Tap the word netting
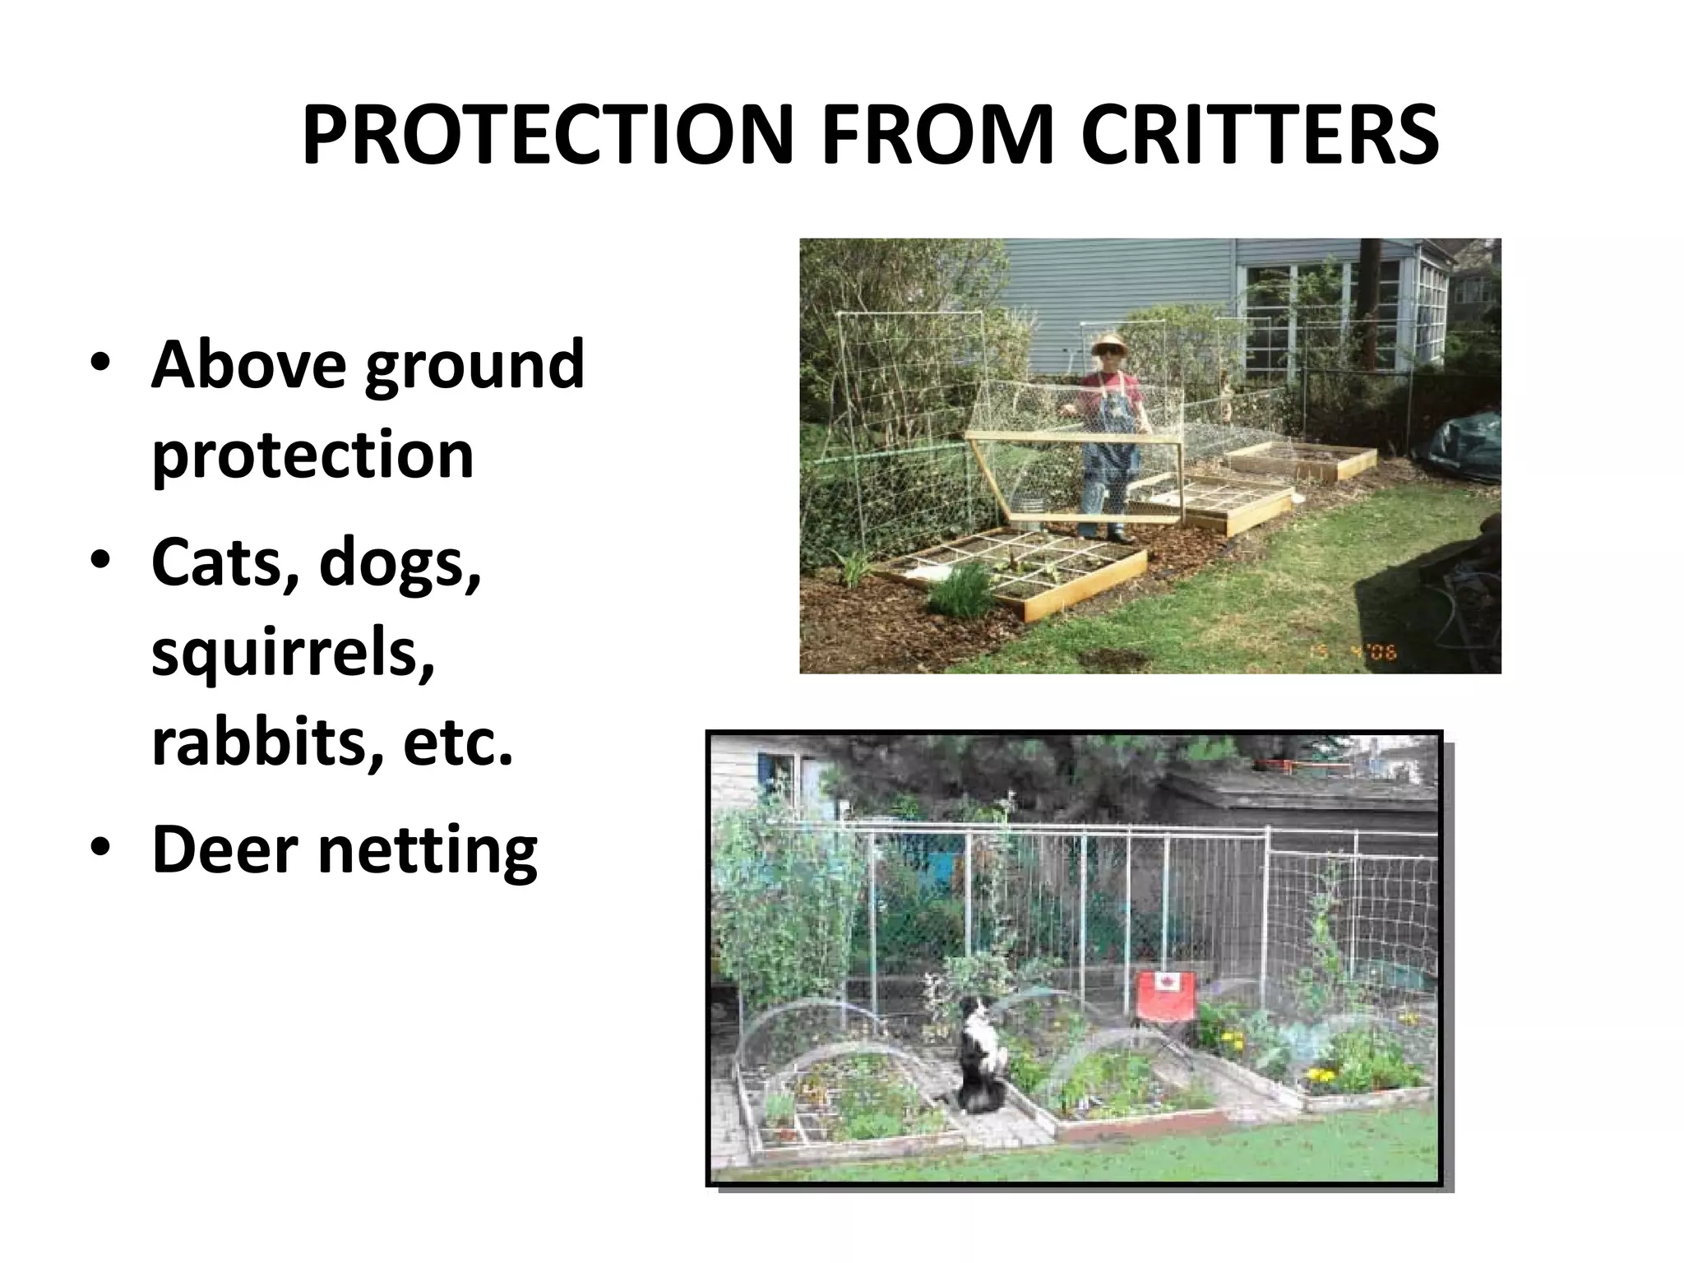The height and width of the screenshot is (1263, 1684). coord(428,852)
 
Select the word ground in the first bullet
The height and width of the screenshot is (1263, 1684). coord(474,367)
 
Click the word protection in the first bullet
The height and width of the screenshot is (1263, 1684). coord(312,455)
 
